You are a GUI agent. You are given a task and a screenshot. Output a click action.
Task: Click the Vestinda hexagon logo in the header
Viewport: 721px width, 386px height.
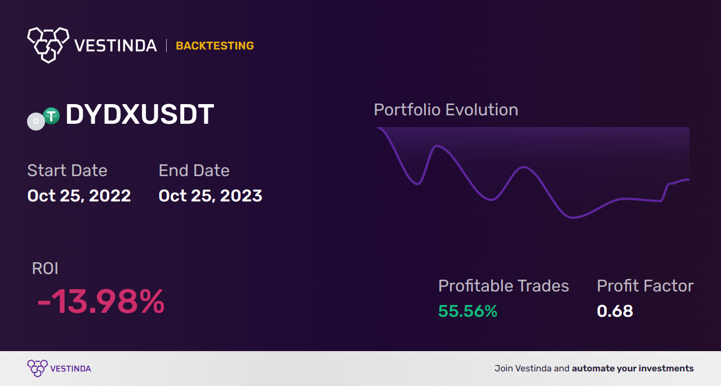[x=48, y=44]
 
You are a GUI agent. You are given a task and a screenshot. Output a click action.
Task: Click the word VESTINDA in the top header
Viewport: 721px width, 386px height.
[x=115, y=46]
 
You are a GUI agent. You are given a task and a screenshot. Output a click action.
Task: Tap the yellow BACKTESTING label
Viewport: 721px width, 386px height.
[x=215, y=46]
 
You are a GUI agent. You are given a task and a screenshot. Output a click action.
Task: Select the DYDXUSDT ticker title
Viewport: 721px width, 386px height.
[x=139, y=115]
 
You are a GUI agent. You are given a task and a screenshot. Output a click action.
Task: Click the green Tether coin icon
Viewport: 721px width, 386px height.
[x=51, y=116]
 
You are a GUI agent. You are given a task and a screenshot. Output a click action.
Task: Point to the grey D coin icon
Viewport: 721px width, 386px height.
[x=36, y=121]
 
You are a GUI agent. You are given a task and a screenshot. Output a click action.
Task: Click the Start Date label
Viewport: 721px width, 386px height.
[x=67, y=170]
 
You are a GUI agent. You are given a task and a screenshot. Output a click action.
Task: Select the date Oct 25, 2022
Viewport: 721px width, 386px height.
[x=79, y=196]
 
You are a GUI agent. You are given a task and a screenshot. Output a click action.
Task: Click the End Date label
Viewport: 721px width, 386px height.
[x=194, y=170]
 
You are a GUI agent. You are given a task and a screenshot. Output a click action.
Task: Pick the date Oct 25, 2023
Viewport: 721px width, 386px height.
[x=210, y=196]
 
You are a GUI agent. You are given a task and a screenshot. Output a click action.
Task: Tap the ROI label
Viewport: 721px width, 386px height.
[x=45, y=268]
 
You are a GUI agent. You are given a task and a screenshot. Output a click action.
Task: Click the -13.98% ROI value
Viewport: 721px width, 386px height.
[x=100, y=302]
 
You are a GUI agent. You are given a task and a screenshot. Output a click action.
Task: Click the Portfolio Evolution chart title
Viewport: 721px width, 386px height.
[x=446, y=110]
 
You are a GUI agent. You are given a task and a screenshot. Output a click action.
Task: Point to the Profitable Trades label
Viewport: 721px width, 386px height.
[x=503, y=286]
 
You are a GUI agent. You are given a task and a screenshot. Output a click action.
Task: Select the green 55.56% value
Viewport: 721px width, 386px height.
[x=468, y=311]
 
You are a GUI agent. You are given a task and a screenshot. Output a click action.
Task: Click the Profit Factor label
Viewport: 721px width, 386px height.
[x=645, y=286]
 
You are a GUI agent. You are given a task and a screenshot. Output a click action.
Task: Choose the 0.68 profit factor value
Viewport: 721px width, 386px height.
[x=615, y=311]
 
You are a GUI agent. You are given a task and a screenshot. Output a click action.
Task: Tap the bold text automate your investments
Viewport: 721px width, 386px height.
[x=633, y=369]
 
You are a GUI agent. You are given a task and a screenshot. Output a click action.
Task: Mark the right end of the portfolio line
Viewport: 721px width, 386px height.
[x=688, y=179]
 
